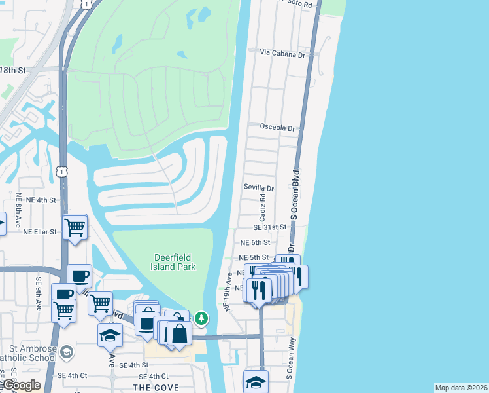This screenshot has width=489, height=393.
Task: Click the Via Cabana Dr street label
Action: (282, 53)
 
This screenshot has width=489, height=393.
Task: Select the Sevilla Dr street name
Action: (258, 187)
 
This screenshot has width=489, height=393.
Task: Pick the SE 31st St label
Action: (271, 227)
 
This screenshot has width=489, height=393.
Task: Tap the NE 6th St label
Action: (254, 242)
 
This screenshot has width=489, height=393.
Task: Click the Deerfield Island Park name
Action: (175, 262)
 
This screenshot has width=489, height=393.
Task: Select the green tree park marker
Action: (202, 318)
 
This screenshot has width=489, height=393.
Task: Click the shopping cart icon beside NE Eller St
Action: (75, 227)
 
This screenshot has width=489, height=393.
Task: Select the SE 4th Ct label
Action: (154, 377)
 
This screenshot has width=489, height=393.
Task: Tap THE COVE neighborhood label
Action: (152, 388)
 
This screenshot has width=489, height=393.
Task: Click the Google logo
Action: (21, 386)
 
